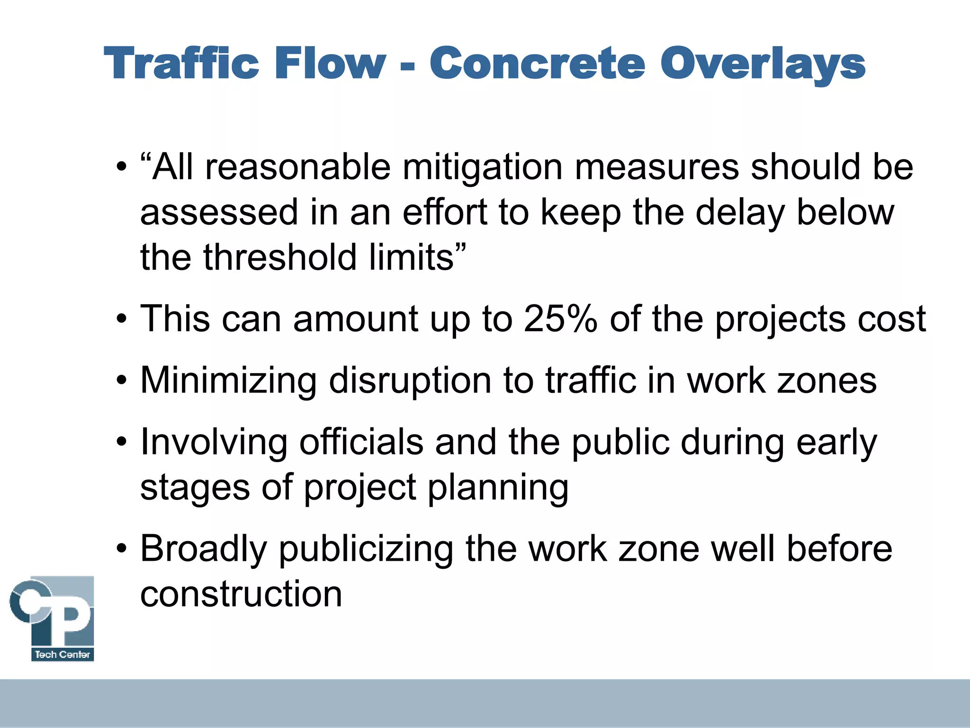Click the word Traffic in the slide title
pos(181,64)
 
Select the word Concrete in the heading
pos(537,64)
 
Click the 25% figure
pos(560,318)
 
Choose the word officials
pos(361,442)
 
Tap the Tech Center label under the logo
pos(63,655)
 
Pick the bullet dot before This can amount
pos(122,319)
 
